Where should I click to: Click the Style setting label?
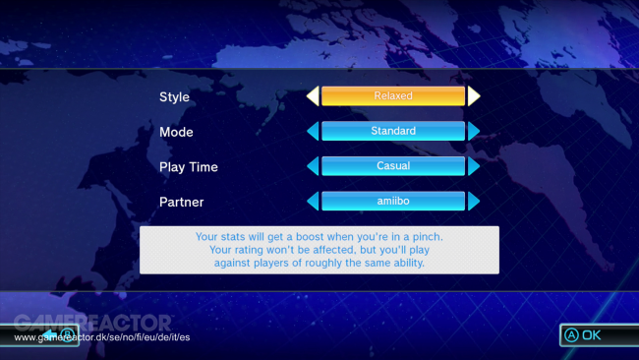point(174,97)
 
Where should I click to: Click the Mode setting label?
point(176,132)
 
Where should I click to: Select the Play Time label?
point(188,167)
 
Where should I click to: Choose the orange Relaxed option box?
point(393,96)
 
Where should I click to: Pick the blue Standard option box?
point(393,131)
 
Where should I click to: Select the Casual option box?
point(393,166)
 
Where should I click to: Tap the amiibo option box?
point(393,201)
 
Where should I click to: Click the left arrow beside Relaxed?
point(313,96)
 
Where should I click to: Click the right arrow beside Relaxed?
point(474,96)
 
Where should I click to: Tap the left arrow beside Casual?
point(313,166)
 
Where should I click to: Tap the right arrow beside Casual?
point(474,166)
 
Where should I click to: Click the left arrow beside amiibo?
point(313,201)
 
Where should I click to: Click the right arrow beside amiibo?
point(474,201)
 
